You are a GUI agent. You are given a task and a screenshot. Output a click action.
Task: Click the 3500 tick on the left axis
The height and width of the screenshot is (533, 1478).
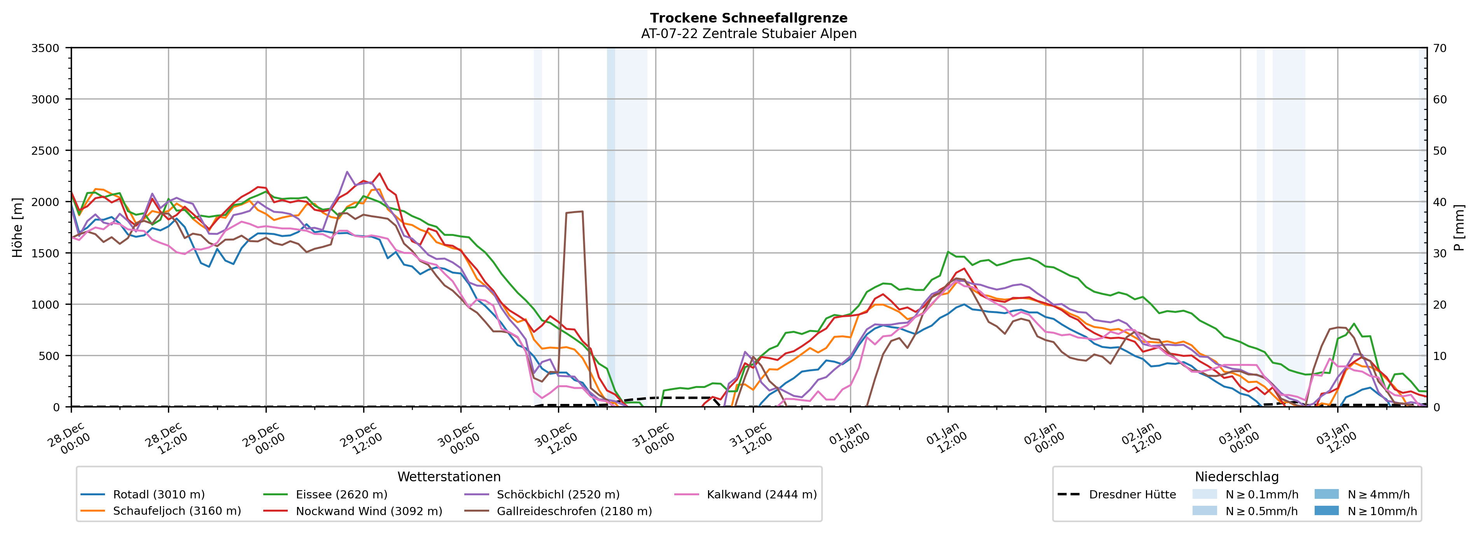[x=45, y=48]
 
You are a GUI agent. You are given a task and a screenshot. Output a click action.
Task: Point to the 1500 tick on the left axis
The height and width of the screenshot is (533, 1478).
[x=45, y=253]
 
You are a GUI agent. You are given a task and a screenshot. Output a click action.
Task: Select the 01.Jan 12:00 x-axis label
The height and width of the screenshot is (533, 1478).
[x=947, y=438]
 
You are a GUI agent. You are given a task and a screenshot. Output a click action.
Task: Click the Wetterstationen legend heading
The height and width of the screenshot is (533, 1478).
[x=449, y=477]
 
